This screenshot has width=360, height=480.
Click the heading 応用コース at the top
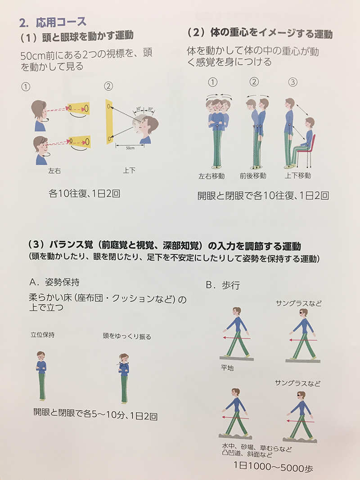61,22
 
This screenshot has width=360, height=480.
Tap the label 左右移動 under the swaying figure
211,176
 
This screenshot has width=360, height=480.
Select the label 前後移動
253,176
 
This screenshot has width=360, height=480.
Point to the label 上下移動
298,175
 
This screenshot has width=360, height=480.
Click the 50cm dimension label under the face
130,148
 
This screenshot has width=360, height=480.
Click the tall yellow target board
109,121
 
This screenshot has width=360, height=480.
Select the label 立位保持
43,335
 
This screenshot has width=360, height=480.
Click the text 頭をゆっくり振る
127,336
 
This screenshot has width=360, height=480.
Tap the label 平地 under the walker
227,368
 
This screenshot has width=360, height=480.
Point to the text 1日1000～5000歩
273,467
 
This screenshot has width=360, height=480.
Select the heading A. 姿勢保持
54,282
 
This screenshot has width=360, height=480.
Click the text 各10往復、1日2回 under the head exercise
84,193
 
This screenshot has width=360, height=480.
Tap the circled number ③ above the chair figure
293,82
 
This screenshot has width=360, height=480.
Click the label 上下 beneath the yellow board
129,170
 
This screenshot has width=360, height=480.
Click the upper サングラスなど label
299,303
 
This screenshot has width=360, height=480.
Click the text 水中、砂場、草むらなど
257,448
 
